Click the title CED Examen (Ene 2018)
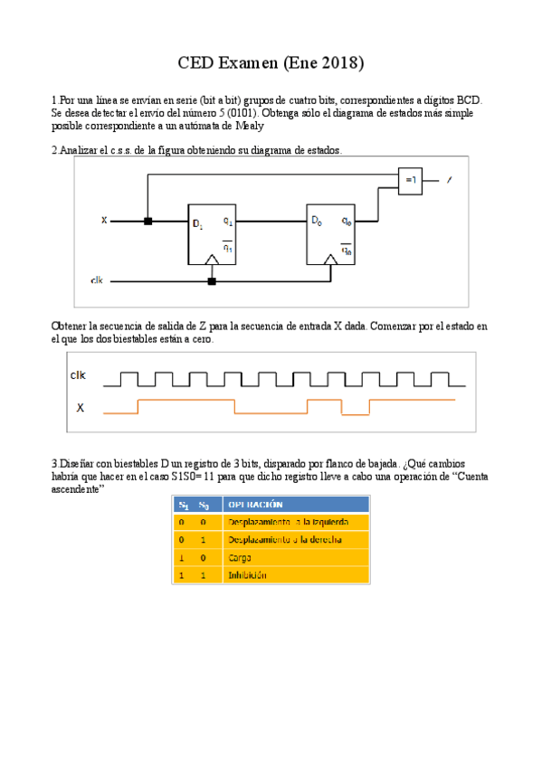271,63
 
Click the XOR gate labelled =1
411,180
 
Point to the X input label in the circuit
104,220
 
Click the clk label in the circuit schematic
98,281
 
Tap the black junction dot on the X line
148,220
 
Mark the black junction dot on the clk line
212,281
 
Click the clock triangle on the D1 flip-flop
212,260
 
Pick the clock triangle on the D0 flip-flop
332,260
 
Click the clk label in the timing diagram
80,374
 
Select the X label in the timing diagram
80,408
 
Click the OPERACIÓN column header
256,504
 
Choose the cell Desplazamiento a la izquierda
285,522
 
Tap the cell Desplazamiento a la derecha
284,540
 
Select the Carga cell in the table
240,557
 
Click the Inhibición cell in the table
247,574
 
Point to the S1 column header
182,504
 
